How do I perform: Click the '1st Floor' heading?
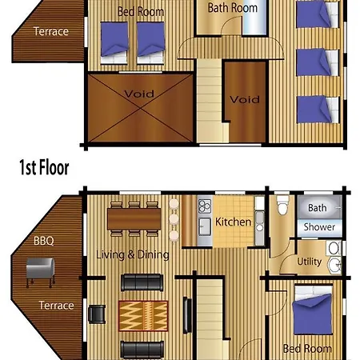(44, 167)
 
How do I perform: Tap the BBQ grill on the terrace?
(40, 272)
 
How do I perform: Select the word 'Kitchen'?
(233, 222)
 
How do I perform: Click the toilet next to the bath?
(283, 205)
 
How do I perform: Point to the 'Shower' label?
(319, 227)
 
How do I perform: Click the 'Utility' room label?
(310, 262)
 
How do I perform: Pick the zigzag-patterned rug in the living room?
(143, 316)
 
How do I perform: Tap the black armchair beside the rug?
(97, 314)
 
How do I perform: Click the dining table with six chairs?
(134, 218)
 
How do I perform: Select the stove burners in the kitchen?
(205, 206)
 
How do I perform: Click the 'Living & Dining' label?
(133, 255)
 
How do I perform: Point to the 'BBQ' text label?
(44, 241)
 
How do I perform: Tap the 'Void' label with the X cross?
(139, 94)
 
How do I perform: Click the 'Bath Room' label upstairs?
(233, 8)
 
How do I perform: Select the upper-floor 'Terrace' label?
(51, 31)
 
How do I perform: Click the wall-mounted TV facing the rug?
(187, 315)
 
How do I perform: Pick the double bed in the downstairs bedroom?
(313, 310)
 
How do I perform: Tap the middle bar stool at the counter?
(174, 219)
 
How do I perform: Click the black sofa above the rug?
(142, 282)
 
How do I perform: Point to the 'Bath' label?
(318, 207)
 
